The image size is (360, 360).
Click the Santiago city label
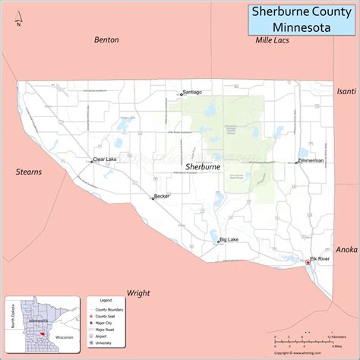(x=193, y=93)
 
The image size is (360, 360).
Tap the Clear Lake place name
(x=105, y=159)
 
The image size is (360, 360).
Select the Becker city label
(x=162, y=196)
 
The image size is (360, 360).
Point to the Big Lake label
(x=229, y=239)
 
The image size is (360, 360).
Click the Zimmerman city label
(x=311, y=161)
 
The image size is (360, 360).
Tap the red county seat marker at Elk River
(x=308, y=263)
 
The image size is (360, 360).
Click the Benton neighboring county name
(x=106, y=39)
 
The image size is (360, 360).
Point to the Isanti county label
(x=346, y=91)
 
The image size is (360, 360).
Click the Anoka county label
(x=346, y=249)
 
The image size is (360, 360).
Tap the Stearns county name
(x=29, y=172)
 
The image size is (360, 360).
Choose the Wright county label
(x=138, y=292)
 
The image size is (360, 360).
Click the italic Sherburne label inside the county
(x=203, y=165)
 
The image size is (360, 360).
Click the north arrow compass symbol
(x=19, y=17)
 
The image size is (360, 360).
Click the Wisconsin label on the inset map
(x=64, y=336)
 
